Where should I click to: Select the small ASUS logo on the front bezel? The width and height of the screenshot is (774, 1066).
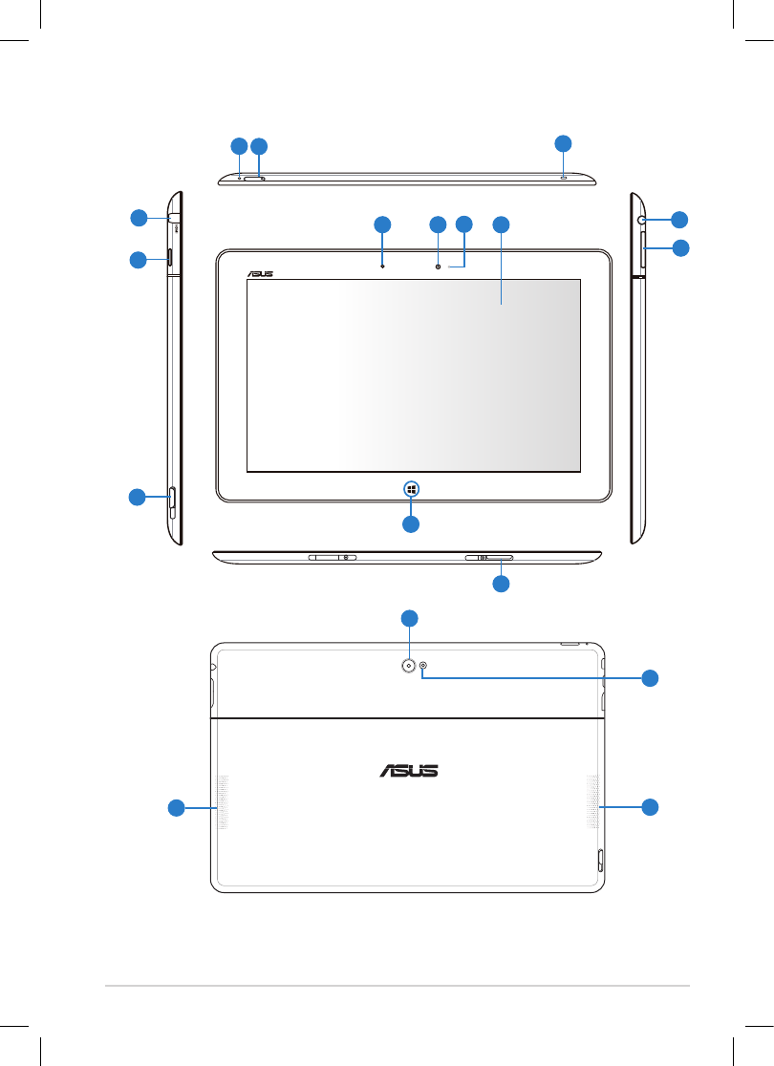click(261, 273)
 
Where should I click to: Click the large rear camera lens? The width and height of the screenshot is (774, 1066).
click(409, 666)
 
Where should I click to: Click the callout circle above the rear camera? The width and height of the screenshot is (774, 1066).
click(409, 618)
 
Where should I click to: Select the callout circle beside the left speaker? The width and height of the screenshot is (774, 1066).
click(176, 808)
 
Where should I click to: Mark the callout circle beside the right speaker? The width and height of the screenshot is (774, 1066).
click(650, 806)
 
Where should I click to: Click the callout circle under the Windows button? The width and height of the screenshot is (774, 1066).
click(410, 524)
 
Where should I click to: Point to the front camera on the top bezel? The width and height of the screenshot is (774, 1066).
click(439, 266)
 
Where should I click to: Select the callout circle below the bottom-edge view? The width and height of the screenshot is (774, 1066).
click(501, 584)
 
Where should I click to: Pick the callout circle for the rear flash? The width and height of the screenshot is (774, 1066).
click(650, 678)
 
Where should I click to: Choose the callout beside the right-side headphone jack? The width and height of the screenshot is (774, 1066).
click(679, 219)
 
